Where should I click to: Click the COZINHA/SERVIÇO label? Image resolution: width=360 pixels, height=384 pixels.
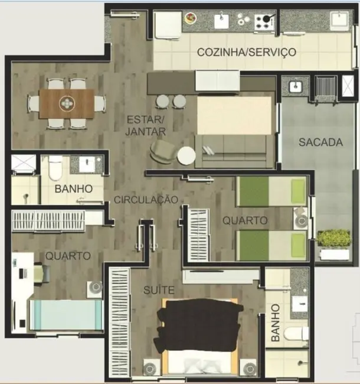(247, 52)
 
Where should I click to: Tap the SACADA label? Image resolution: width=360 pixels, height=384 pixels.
(320, 142)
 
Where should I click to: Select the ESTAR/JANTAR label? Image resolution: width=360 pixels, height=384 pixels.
(146, 125)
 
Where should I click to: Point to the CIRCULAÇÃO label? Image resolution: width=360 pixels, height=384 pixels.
(146, 200)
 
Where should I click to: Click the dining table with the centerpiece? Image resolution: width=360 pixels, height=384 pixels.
(67, 104)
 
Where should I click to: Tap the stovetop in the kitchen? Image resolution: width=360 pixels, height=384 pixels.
(265, 22)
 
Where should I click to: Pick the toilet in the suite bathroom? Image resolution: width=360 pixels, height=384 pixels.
(295, 334)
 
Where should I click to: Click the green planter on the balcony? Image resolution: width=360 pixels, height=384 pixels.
(333, 238)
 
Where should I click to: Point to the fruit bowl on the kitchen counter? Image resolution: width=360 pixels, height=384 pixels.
(191, 19)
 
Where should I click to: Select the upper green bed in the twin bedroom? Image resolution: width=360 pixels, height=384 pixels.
(271, 191)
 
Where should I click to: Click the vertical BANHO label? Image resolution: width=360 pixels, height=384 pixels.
(275, 324)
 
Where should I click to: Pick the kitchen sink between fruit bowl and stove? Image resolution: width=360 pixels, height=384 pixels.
(222, 21)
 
